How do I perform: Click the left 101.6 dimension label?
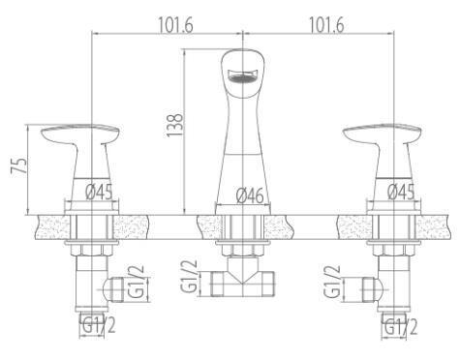pos(175,25)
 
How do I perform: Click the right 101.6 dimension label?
pos(326,25)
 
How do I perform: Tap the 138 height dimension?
pos(175,125)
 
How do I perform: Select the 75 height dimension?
pos(19,166)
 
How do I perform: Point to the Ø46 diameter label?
pos(250,195)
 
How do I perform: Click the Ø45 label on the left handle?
pos(99,192)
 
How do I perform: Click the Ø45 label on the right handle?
pos(401,192)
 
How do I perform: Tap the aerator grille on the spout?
pos(242,76)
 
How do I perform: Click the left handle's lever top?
pos(80,134)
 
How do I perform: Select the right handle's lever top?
pos(383,134)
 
